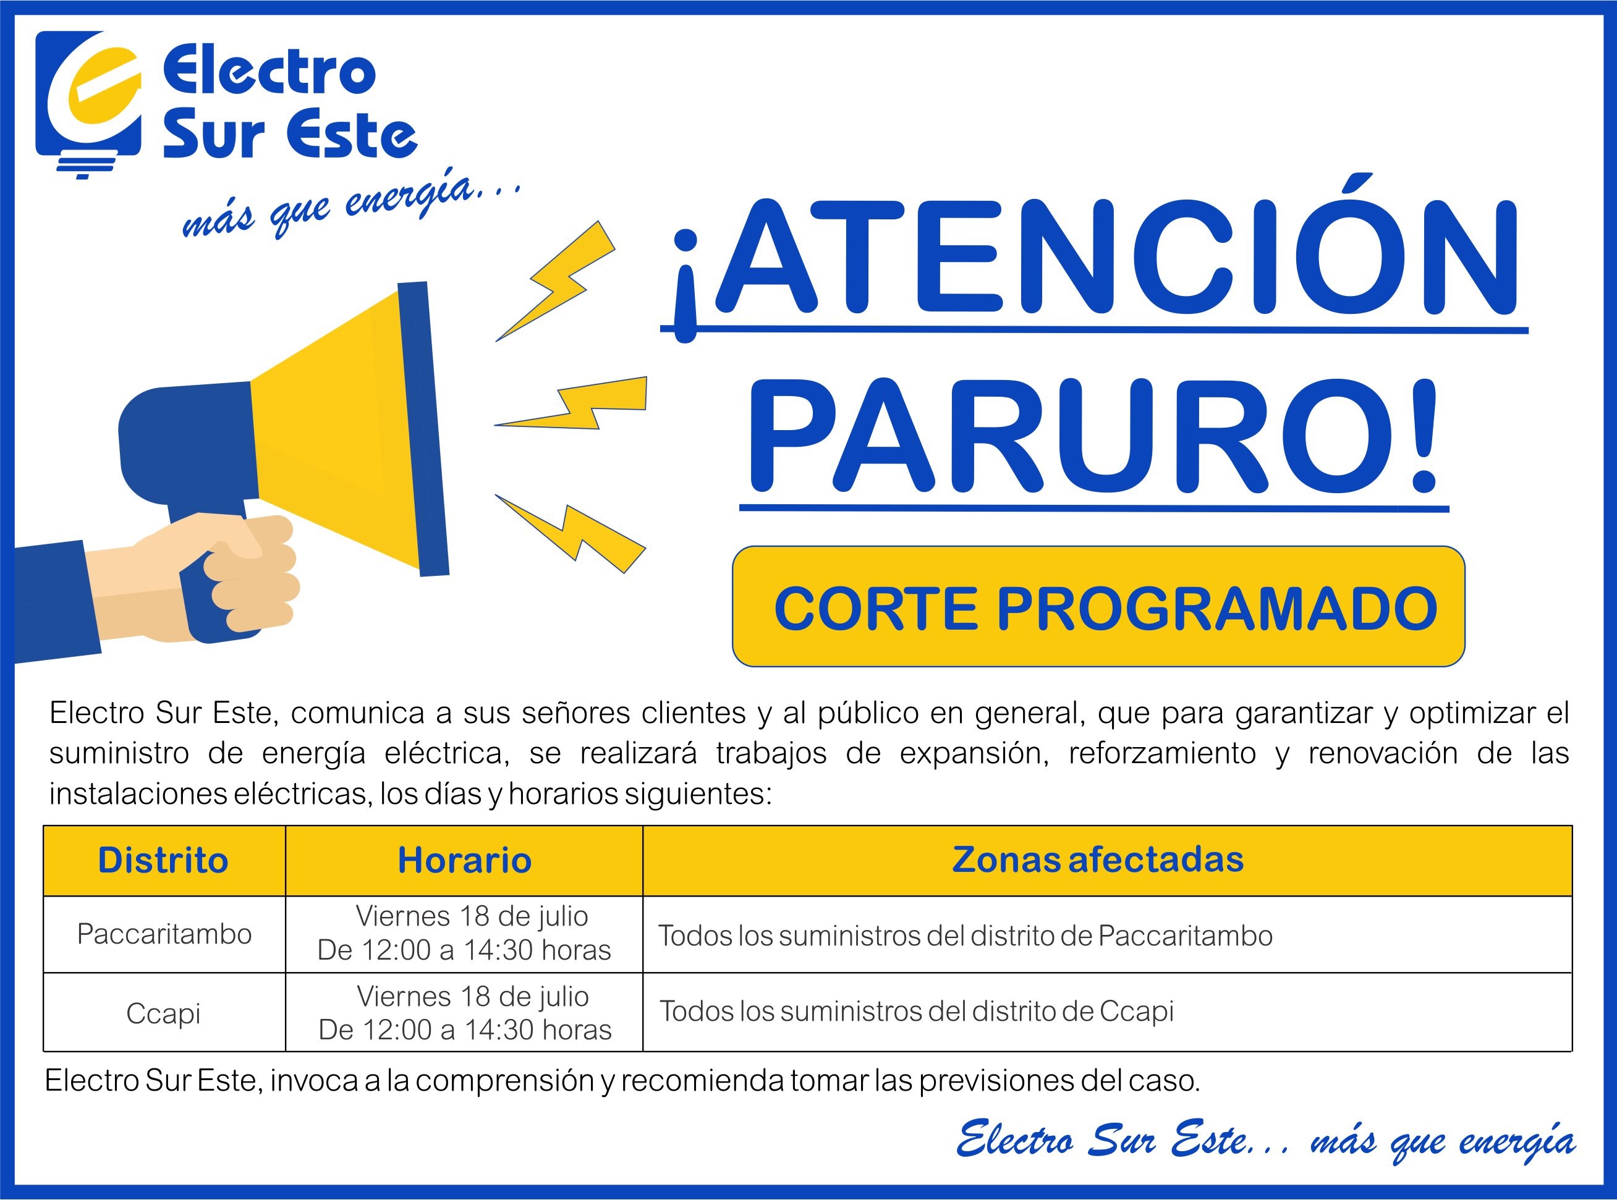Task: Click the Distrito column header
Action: click(163, 860)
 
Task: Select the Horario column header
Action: click(464, 860)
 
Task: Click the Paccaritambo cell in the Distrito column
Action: click(164, 934)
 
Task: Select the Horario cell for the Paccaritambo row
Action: click(464, 934)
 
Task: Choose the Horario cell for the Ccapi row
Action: click(465, 1013)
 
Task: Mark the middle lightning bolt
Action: click(571, 403)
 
